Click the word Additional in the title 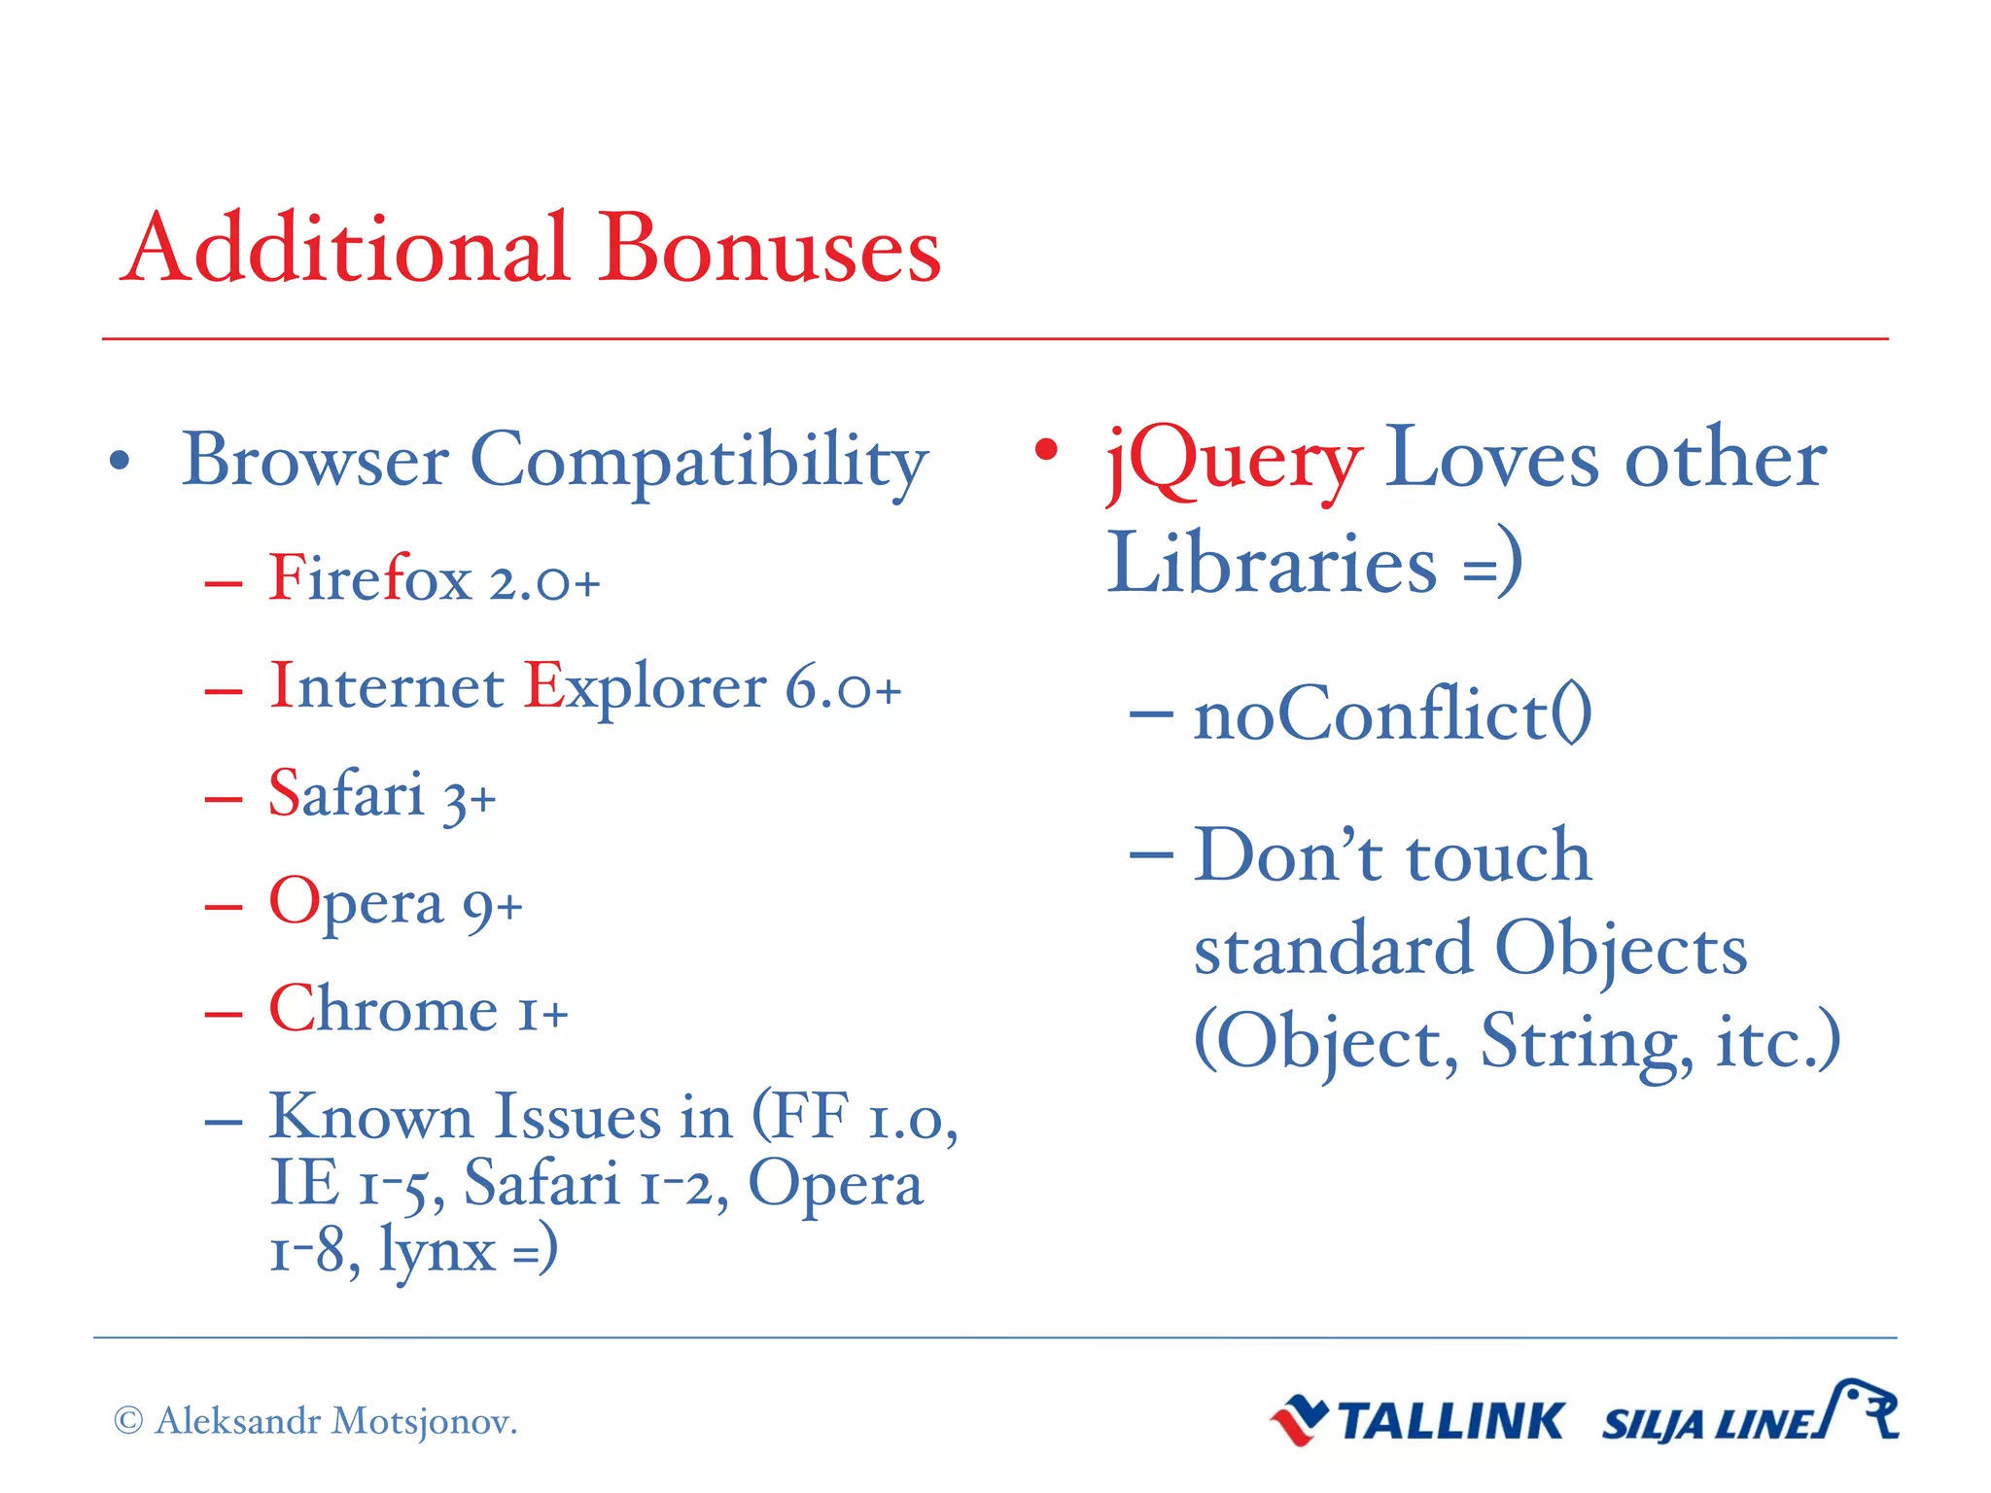345,249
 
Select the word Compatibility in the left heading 699,461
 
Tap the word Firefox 370,579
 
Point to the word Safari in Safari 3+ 346,794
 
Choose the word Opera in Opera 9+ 356,903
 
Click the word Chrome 383,1010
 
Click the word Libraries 1272,564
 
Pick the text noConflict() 1392,714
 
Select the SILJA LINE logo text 1708,1425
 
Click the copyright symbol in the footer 128,1421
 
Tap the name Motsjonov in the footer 424,1422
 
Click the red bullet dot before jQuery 1046,449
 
